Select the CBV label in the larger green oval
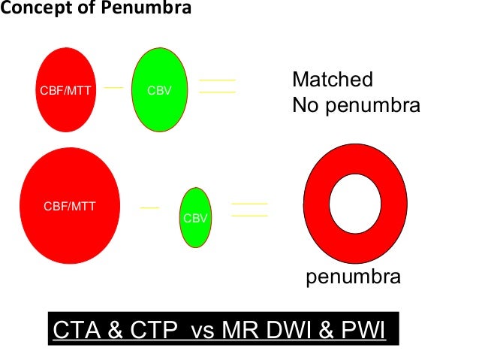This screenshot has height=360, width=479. coord(159,92)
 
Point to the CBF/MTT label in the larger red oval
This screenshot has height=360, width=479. coord(69,205)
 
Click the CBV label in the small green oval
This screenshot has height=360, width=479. coord(195,219)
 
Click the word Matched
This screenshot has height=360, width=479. coord(333,80)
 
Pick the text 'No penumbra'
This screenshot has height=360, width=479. coord(356,105)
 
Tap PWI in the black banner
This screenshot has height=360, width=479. coord(361,329)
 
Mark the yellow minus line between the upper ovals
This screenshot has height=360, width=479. coord(113,87)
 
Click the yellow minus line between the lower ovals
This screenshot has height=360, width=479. coord(149,207)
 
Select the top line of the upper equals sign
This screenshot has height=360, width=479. coord(217,80)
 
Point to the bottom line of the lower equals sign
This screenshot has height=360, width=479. coord(250,216)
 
